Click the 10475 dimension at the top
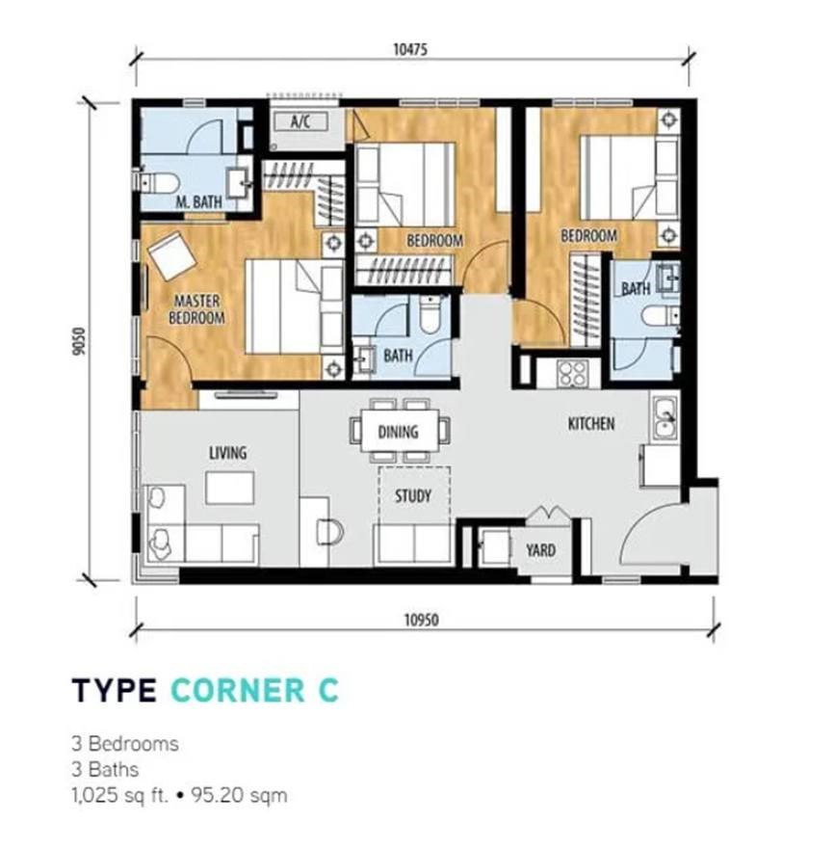click(409, 50)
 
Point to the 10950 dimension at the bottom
click(422, 620)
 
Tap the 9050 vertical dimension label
click(80, 341)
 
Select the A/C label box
click(300, 121)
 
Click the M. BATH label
click(198, 202)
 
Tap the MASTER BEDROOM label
click(196, 308)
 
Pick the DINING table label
click(398, 432)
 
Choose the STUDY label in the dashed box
click(413, 495)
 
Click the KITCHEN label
click(591, 423)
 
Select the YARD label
click(540, 550)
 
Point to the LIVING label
click(228, 452)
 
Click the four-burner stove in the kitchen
click(573, 373)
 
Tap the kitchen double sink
click(665, 417)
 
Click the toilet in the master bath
click(159, 182)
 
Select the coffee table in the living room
click(230, 488)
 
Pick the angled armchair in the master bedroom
click(172, 255)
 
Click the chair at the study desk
click(330, 532)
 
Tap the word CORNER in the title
click(238, 690)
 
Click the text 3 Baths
click(105, 769)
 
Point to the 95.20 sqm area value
click(239, 795)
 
